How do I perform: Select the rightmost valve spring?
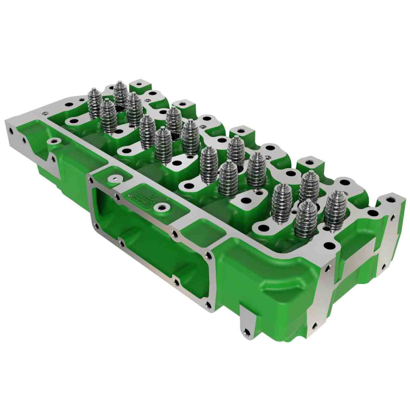point(336,209)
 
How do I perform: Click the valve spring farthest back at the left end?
point(120,94)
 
